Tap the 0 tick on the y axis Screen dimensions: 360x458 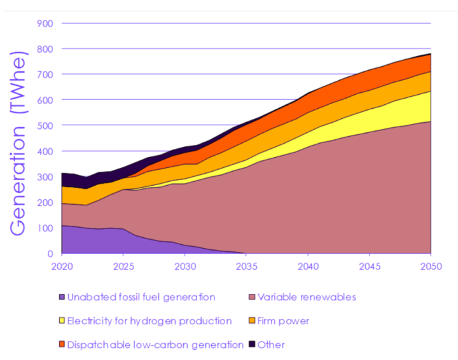pyautogui.click(x=52, y=254)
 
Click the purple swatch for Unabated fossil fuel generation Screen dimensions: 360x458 pyautogui.click(x=62, y=297)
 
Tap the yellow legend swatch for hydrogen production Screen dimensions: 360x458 pyautogui.click(x=62, y=321)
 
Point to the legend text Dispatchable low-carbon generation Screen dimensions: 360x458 pyautogui.click(x=155, y=345)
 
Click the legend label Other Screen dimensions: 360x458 pyautogui.click(x=271, y=345)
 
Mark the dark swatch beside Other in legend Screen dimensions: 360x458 pyautogui.click(x=252, y=345)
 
